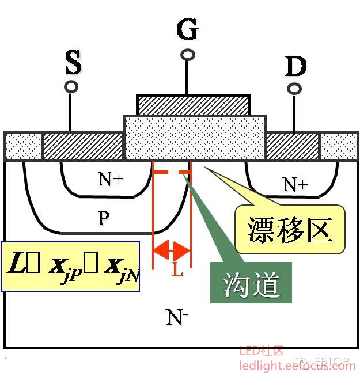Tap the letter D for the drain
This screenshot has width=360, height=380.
pyautogui.click(x=295, y=67)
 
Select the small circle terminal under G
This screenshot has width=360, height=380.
pyautogui.click(x=188, y=55)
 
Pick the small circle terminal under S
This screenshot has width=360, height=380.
pyautogui.click(x=71, y=87)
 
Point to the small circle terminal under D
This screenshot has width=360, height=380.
pyautogui.click(x=294, y=89)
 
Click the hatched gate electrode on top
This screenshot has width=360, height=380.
pyautogui.click(x=194, y=105)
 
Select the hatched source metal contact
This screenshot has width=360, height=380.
pyautogui.click(x=84, y=146)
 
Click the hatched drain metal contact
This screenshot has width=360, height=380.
pyautogui.click(x=291, y=146)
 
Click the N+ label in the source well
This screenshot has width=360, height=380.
pyautogui.click(x=110, y=179)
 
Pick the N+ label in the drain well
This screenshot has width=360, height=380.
pyautogui.click(x=295, y=184)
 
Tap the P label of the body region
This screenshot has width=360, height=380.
pyautogui.click(x=104, y=218)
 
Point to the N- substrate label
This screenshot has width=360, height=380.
pyautogui.click(x=177, y=317)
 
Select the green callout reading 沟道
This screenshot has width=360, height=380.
pyautogui.click(x=252, y=283)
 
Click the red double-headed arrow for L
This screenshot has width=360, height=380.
pyautogui.click(x=172, y=250)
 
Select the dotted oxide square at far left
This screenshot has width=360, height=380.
pyautogui.click(x=23, y=146)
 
